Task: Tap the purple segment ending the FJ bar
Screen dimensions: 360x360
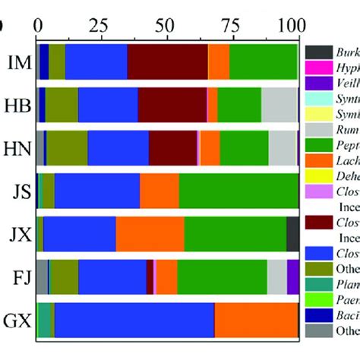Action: [292, 276]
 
